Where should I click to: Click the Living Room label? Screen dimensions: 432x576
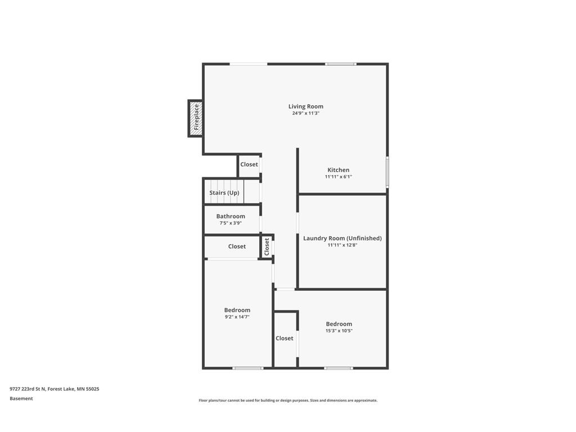[x=305, y=106]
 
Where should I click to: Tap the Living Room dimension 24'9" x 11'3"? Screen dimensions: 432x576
[x=305, y=113]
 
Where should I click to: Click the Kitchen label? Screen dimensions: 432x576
[x=338, y=170]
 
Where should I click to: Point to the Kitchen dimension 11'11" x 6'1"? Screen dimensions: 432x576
[x=338, y=177]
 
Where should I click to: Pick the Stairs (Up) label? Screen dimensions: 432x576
[x=224, y=193]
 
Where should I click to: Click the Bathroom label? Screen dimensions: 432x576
[x=231, y=217]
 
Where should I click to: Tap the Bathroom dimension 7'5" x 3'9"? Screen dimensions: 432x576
[x=231, y=223]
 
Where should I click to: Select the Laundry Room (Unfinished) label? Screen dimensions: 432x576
[x=342, y=238]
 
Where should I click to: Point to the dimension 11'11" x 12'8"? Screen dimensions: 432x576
[x=342, y=245]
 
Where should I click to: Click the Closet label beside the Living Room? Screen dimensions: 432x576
[x=249, y=164]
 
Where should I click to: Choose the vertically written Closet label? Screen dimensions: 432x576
[x=267, y=246]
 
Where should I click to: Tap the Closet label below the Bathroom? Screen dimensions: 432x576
[x=237, y=246]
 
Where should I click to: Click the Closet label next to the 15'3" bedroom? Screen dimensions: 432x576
[x=284, y=338]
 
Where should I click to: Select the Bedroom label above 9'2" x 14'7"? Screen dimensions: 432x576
[x=237, y=310]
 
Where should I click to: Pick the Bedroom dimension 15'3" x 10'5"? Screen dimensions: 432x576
[x=339, y=331]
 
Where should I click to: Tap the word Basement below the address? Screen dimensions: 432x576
[x=21, y=398]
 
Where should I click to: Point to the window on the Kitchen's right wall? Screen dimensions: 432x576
[x=387, y=172]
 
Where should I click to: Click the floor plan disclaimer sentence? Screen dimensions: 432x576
[x=287, y=400]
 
